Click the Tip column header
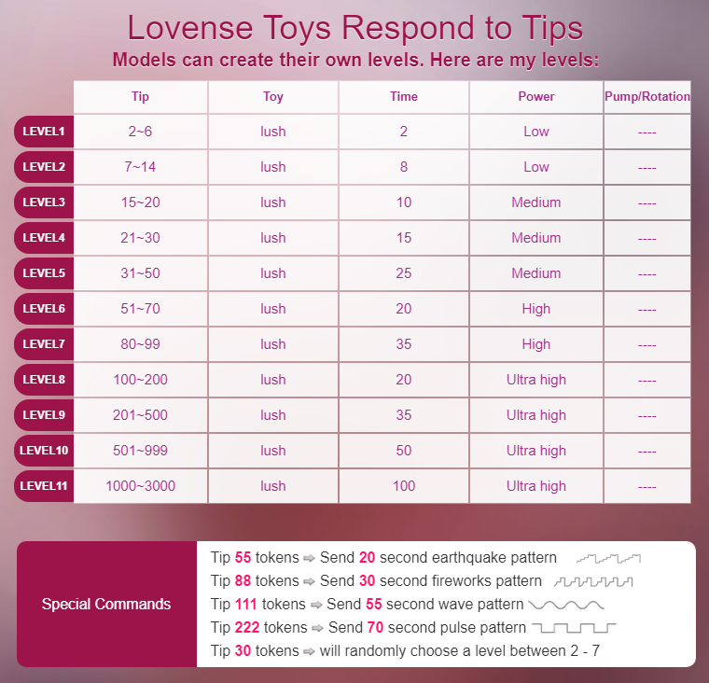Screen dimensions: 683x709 (141, 96)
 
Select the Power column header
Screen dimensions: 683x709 (536, 96)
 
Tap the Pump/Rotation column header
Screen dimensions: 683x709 (646, 96)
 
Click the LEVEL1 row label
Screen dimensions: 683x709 (44, 132)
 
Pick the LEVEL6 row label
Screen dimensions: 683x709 (44, 309)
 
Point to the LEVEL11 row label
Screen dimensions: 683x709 (44, 486)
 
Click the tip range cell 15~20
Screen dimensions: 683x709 (141, 202)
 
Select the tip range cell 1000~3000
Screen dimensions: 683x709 (141, 486)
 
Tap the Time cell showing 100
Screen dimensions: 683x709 (404, 486)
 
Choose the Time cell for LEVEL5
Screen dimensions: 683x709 (404, 273)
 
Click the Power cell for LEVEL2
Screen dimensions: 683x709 (536, 167)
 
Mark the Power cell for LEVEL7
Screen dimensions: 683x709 (536, 344)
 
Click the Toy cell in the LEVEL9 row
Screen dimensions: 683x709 (273, 415)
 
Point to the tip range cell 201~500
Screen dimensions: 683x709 (141, 415)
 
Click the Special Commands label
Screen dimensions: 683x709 (106, 604)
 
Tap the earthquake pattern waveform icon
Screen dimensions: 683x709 (609, 558)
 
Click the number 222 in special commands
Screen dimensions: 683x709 (246, 628)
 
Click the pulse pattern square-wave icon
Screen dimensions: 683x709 (573, 628)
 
